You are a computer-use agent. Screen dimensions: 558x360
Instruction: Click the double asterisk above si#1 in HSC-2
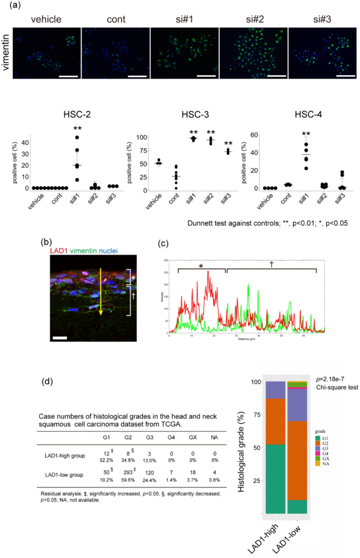click(x=78, y=129)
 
